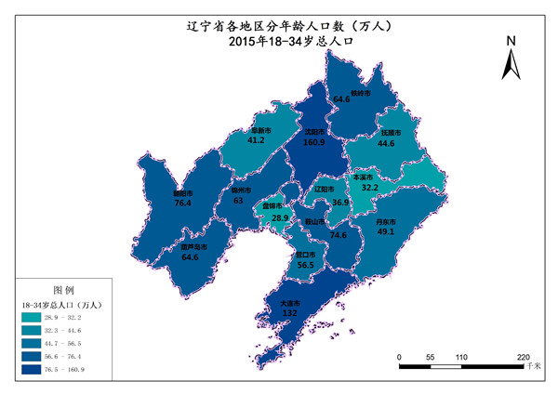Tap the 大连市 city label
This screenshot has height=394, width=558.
pyautogui.click(x=289, y=303)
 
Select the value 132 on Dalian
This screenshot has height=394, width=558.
pyautogui.click(x=289, y=314)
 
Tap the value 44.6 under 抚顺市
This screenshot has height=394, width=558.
pyautogui.click(x=386, y=143)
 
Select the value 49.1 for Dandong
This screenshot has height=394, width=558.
pyautogui.click(x=386, y=232)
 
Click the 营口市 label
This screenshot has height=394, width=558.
pyautogui.click(x=305, y=254)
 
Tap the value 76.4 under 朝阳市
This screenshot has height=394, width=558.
pyautogui.click(x=182, y=202)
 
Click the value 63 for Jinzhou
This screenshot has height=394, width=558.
pyautogui.click(x=238, y=201)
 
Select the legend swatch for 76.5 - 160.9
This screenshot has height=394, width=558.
pyautogui.click(x=35, y=370)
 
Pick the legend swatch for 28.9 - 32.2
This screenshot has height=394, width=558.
pyautogui.click(x=35, y=318)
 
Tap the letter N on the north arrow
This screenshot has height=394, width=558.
pyautogui.click(x=511, y=41)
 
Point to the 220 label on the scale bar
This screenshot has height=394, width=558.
pyautogui.click(x=523, y=357)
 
